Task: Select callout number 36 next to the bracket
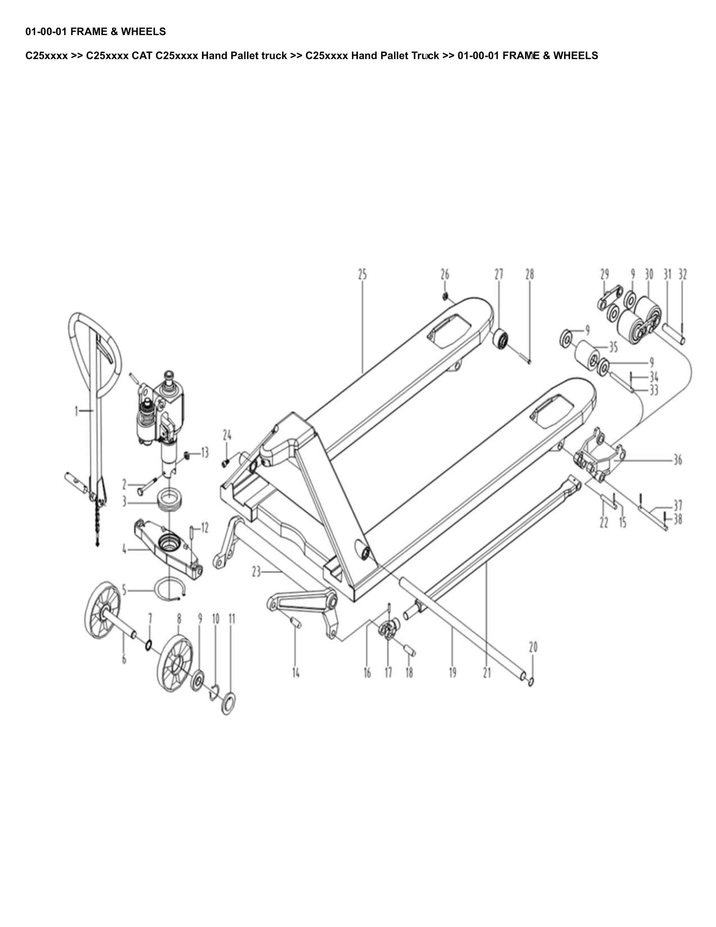tap(678, 460)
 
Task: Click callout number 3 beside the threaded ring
tap(124, 502)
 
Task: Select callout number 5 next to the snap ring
tap(124, 590)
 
